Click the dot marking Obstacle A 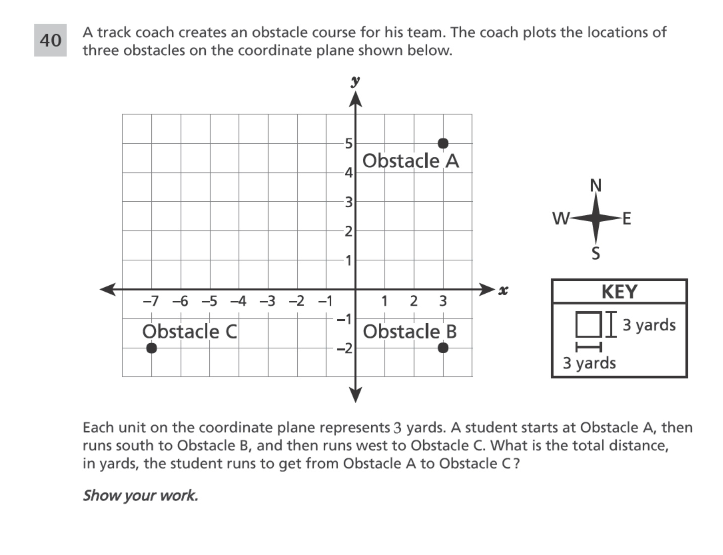tap(443, 143)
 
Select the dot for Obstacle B tap(443, 348)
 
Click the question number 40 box tap(50, 40)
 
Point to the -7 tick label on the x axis tap(151, 301)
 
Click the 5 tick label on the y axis tap(348, 144)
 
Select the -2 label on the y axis tap(345, 348)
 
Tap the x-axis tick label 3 tap(443, 301)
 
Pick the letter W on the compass tap(561, 218)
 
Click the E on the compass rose tap(627, 219)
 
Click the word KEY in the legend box tap(619, 292)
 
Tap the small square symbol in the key tap(588, 324)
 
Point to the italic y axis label tap(355, 81)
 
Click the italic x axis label tap(503, 290)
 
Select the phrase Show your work tap(140, 496)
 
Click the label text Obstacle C tap(190, 331)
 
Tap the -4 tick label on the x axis tap(238, 301)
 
